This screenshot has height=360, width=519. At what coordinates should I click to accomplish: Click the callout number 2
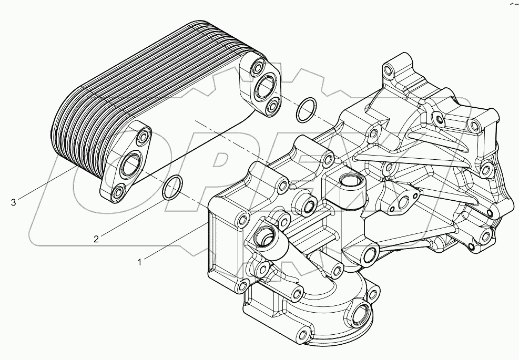[96, 239]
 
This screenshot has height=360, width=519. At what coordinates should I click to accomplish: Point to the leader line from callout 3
[47, 184]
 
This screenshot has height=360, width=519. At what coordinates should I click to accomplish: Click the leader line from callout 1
[174, 243]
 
